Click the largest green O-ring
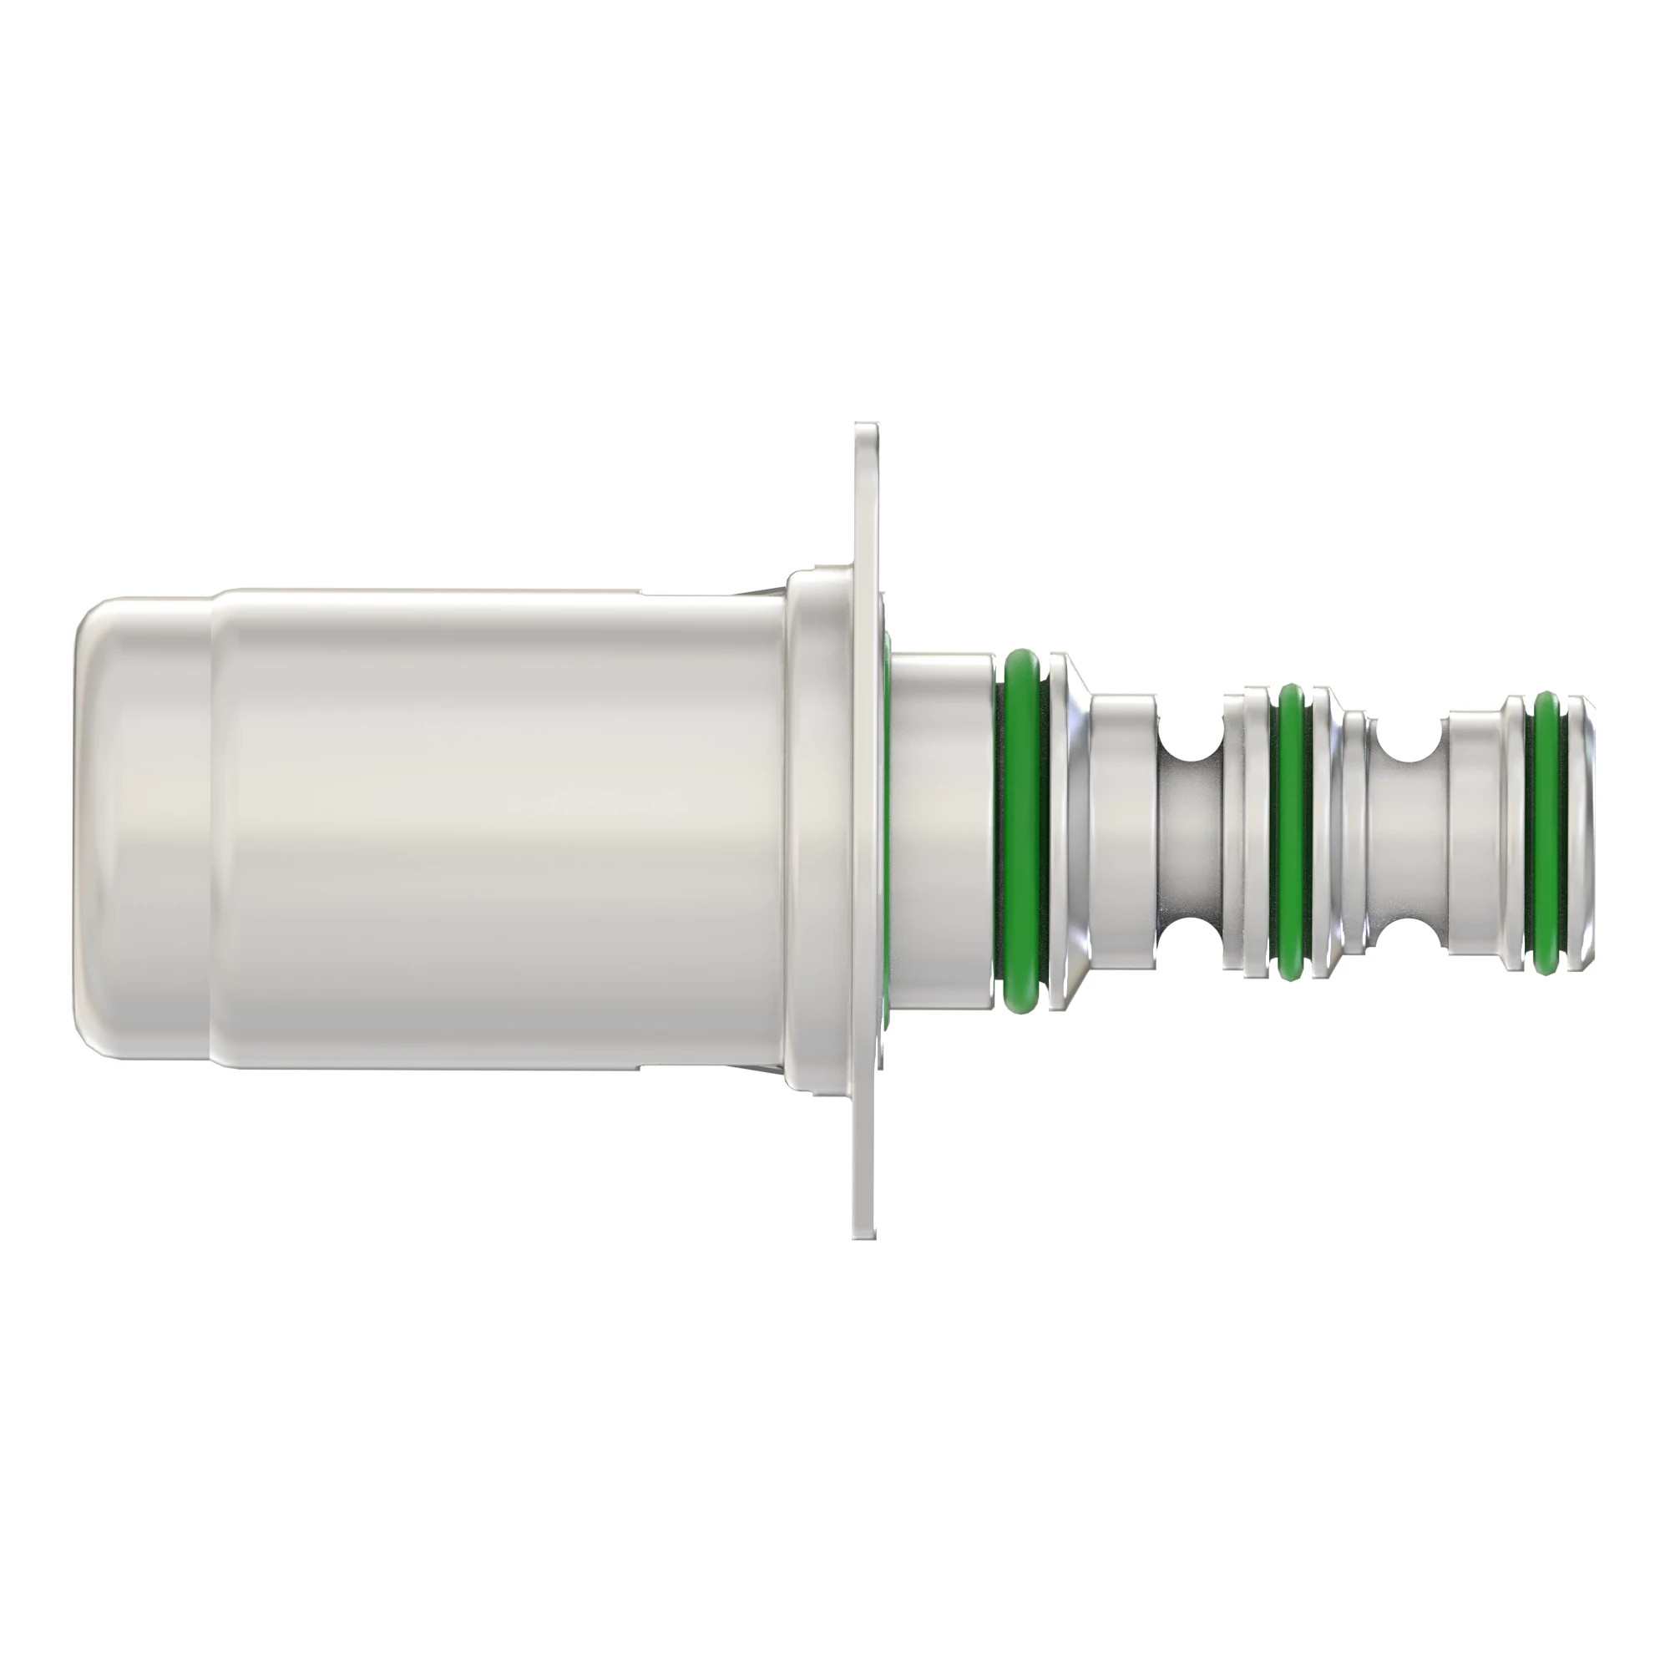pyautogui.click(x=1021, y=830)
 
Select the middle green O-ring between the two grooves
pyautogui.click(x=1291, y=830)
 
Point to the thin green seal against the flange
pyautogui.click(x=887, y=830)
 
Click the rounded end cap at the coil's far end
pyautogui.click(x=143, y=830)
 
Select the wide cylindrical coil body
pyautogui.click(x=501, y=830)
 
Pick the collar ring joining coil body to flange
pyautogui.click(x=817, y=830)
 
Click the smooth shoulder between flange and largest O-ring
pyautogui.click(x=942, y=830)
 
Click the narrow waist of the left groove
pyautogui.click(x=1190, y=830)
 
